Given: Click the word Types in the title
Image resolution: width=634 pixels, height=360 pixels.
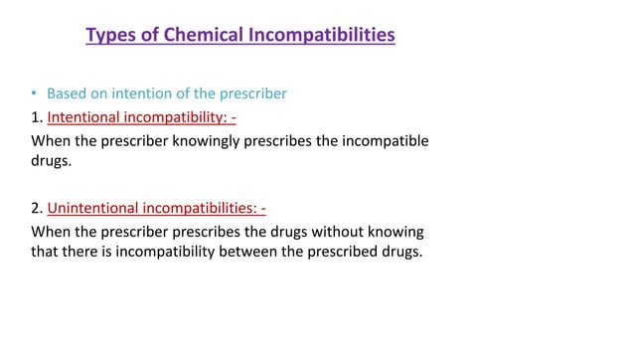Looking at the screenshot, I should click(110, 36).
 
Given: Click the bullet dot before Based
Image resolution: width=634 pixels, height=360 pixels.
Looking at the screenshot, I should click(33, 94).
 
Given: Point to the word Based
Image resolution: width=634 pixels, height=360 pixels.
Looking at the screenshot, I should click(68, 94).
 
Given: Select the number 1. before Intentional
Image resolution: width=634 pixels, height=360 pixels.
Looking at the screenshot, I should click(38, 117).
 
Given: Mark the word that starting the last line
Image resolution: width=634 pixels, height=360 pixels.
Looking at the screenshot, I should click(48, 252).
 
